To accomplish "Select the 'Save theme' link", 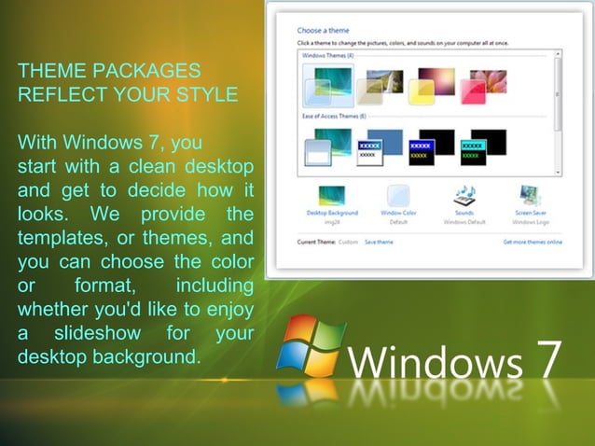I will (x=379, y=242).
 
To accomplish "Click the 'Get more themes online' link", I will (x=533, y=242).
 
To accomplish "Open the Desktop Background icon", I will (x=332, y=196).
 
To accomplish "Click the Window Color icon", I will (x=398, y=196).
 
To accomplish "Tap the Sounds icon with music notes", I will (x=464, y=195).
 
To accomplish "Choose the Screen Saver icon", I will (x=529, y=196).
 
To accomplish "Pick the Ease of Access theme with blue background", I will (x=382, y=147).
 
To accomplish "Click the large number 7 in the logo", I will (x=547, y=359).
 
